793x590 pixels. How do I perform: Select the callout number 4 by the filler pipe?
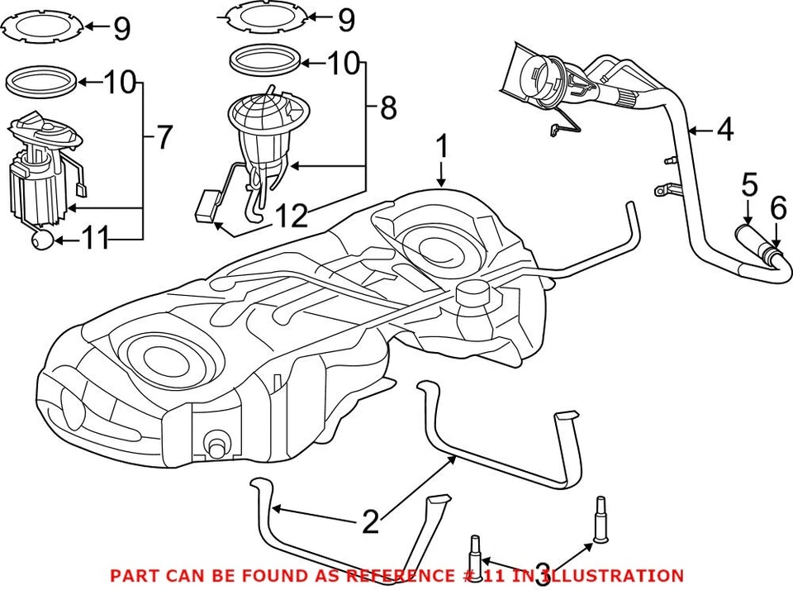[724, 130]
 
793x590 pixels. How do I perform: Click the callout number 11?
[95, 240]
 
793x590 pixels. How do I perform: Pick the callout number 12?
[291, 216]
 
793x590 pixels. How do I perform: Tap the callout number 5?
[748, 184]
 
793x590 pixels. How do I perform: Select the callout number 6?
[778, 210]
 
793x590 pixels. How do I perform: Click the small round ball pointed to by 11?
[43, 240]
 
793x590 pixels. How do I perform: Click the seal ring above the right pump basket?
[264, 63]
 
